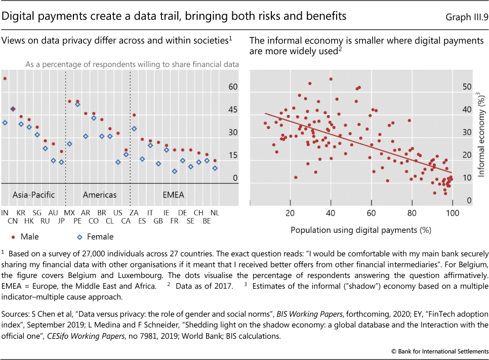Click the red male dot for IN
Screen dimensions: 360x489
(x=5, y=78)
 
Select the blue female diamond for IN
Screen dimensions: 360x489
(x=5, y=123)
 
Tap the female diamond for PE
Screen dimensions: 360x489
(x=77, y=104)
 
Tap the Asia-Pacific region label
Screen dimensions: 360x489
(x=33, y=195)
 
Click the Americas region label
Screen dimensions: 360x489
(x=99, y=195)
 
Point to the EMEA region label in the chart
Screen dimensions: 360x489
(x=173, y=195)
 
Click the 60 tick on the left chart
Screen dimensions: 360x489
(x=232, y=87)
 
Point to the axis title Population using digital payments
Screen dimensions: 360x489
(x=361, y=230)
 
